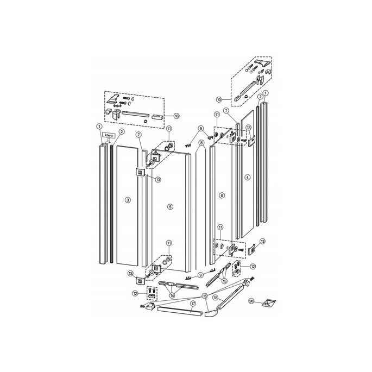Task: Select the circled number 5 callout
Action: click(x=170, y=207)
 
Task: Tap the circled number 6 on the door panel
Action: click(x=222, y=195)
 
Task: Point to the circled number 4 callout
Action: click(x=247, y=177)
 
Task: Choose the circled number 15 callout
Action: click(x=224, y=281)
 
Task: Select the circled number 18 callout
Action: click(x=216, y=298)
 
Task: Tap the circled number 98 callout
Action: click(x=251, y=300)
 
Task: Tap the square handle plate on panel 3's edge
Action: click(x=138, y=173)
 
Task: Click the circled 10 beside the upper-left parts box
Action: click(x=176, y=116)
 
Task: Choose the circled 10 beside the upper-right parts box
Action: click(x=219, y=99)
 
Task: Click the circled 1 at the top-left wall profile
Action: click(x=100, y=127)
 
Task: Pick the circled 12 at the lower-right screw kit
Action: click(x=253, y=267)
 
